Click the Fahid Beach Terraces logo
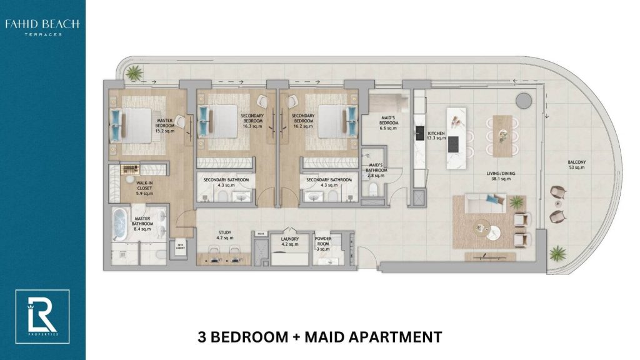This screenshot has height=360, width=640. tap(42, 27)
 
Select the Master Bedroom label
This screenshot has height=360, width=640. tap(165, 124)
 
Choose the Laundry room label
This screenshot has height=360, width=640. tap(290, 241)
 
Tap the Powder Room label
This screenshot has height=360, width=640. tap(322, 243)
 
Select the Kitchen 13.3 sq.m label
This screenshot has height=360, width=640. tap(436, 137)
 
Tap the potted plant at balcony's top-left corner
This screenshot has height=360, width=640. tap(132, 74)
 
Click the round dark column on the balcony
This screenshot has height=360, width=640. tap(522, 101)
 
